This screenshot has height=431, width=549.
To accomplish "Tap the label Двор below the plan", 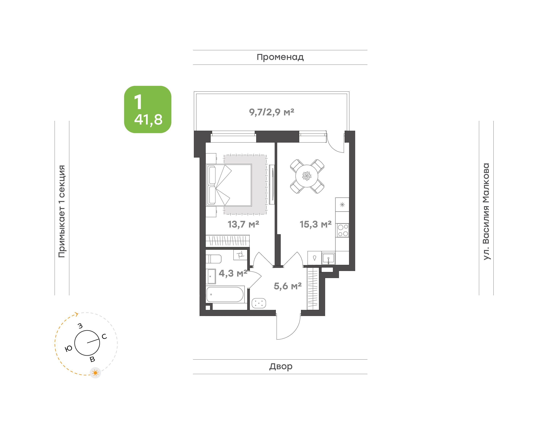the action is [x=281, y=366].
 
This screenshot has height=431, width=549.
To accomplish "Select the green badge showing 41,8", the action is [x=148, y=109].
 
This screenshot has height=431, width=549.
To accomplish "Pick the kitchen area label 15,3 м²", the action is [x=315, y=224].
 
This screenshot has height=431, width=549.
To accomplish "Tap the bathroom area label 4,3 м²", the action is [x=233, y=273].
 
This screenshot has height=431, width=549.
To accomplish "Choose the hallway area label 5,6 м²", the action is [x=287, y=286].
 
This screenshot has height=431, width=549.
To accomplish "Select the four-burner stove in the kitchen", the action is [x=343, y=230].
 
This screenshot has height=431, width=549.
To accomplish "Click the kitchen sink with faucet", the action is [x=328, y=258].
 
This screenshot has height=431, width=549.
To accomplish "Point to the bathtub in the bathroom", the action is [x=225, y=294].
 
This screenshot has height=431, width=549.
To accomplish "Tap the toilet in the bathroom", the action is [x=213, y=259].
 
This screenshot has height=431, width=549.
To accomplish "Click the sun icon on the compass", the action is [x=95, y=373].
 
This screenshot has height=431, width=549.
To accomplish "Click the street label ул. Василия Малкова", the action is [x=486, y=211].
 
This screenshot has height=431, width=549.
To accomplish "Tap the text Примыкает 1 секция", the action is [x=62, y=211].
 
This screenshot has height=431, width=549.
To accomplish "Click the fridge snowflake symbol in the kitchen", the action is [x=342, y=205].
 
